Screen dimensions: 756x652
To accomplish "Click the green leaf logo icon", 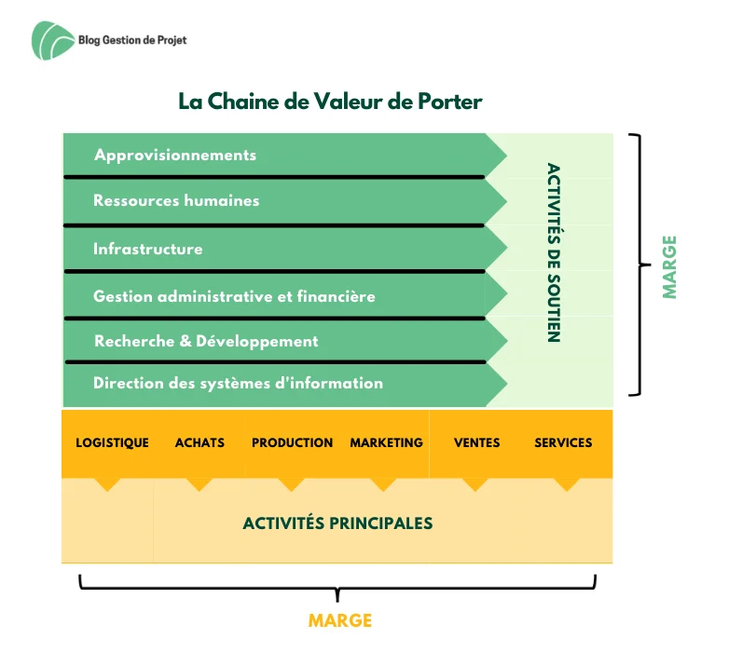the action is (52, 40).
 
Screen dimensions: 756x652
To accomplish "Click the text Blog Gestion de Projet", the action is (132, 40).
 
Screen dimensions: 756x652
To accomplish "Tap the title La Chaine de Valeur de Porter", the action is (330, 102).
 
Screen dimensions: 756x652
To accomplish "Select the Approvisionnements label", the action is (175, 156).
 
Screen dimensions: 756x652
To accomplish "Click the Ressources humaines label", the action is (176, 200).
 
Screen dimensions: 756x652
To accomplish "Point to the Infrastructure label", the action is (148, 249).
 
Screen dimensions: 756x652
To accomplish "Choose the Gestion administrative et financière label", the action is (234, 296).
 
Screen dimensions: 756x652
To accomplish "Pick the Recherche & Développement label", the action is (206, 341).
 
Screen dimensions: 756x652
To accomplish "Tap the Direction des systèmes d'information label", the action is (239, 383).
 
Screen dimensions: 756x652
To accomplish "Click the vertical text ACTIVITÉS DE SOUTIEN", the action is (554, 252).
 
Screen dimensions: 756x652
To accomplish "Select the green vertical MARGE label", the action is (669, 267).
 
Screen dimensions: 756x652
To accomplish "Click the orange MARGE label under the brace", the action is (340, 620).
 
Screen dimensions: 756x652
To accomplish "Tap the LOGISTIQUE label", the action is (113, 442).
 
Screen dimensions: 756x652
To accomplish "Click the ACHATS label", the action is (199, 442).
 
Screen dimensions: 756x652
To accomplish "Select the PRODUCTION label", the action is (292, 442).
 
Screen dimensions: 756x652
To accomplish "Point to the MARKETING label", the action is (386, 442).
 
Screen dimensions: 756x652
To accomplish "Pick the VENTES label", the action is (477, 442).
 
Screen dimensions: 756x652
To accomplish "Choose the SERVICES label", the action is (563, 442).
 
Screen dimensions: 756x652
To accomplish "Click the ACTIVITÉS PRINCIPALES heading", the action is (337, 523).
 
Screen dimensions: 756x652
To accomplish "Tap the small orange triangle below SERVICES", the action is (567, 483).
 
